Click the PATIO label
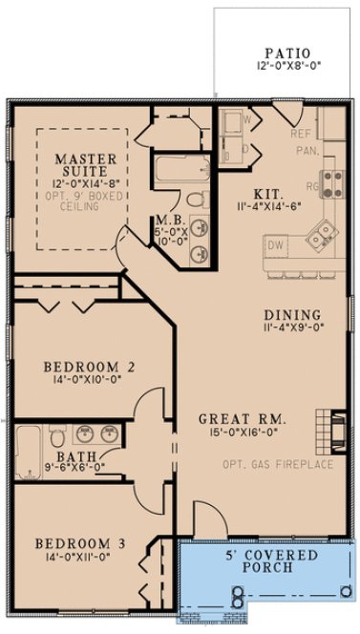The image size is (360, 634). pos(287,53)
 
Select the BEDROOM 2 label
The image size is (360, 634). pos(86,366)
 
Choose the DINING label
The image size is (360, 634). pos(293,316)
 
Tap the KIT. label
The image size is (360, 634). pos(267,190)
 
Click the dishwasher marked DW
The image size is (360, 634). pos(277,246)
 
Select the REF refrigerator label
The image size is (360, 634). pos(302,136)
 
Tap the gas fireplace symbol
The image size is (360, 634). pos(335,429)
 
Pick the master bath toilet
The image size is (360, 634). pos(195,200)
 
